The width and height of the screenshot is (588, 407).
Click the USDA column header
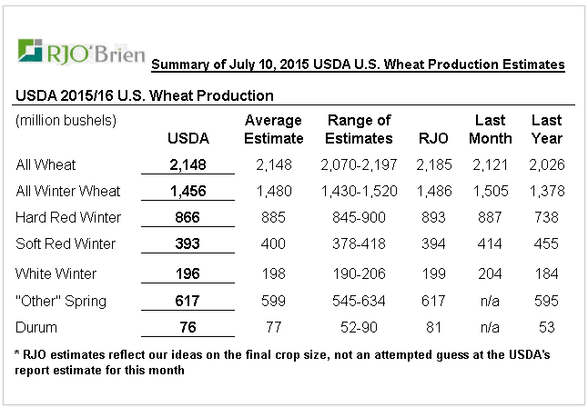click(189, 139)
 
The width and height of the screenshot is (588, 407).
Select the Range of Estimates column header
click(359, 130)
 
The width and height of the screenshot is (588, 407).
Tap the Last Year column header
click(546, 130)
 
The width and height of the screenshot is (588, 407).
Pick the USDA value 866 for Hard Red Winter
click(189, 218)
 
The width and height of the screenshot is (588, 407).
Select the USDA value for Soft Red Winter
click(189, 243)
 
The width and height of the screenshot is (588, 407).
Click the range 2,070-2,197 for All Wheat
click(359, 165)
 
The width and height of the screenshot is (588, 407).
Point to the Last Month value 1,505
click(490, 192)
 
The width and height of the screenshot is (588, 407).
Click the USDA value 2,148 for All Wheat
click(189, 165)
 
